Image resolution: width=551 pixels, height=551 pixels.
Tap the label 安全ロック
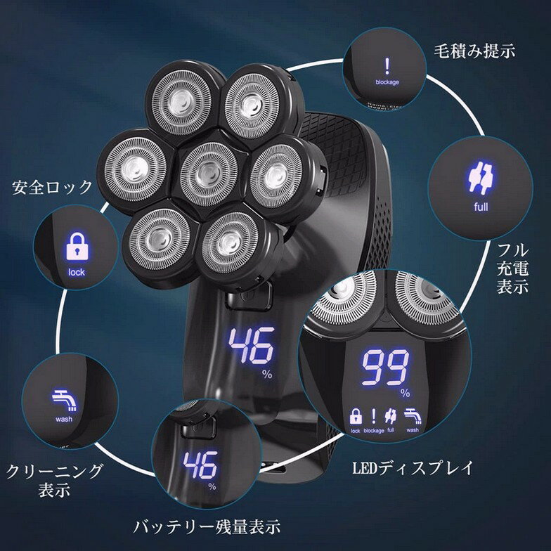point(53,187)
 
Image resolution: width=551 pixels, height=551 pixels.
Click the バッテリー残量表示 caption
point(207,526)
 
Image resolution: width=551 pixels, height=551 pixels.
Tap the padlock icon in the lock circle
point(74,247)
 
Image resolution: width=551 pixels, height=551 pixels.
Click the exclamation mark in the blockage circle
point(386,66)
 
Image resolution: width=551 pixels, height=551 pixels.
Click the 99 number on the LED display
point(386,366)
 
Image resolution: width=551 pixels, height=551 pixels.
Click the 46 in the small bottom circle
point(200,466)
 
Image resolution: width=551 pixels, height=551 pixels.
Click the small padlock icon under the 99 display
point(355,415)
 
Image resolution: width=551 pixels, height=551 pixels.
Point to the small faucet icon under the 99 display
point(413,415)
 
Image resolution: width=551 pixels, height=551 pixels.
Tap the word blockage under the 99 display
point(374,430)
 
